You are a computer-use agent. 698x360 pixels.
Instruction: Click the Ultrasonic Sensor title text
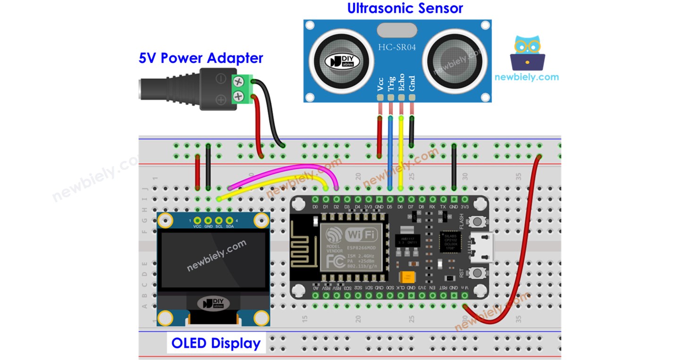[x=405, y=8]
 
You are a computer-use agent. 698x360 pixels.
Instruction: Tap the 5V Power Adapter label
[x=201, y=58]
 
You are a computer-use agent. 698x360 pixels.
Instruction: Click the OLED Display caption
[x=216, y=343]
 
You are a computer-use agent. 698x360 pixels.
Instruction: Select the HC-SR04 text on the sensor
[x=397, y=48]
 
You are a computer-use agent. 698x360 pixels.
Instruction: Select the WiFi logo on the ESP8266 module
[x=362, y=234]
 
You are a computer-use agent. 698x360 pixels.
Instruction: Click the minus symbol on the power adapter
[x=220, y=79]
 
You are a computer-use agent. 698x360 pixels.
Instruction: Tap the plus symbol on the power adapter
[x=220, y=100]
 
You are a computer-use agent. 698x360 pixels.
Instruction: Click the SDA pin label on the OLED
[x=230, y=227]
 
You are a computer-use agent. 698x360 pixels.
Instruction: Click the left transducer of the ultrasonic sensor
[x=335, y=60]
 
